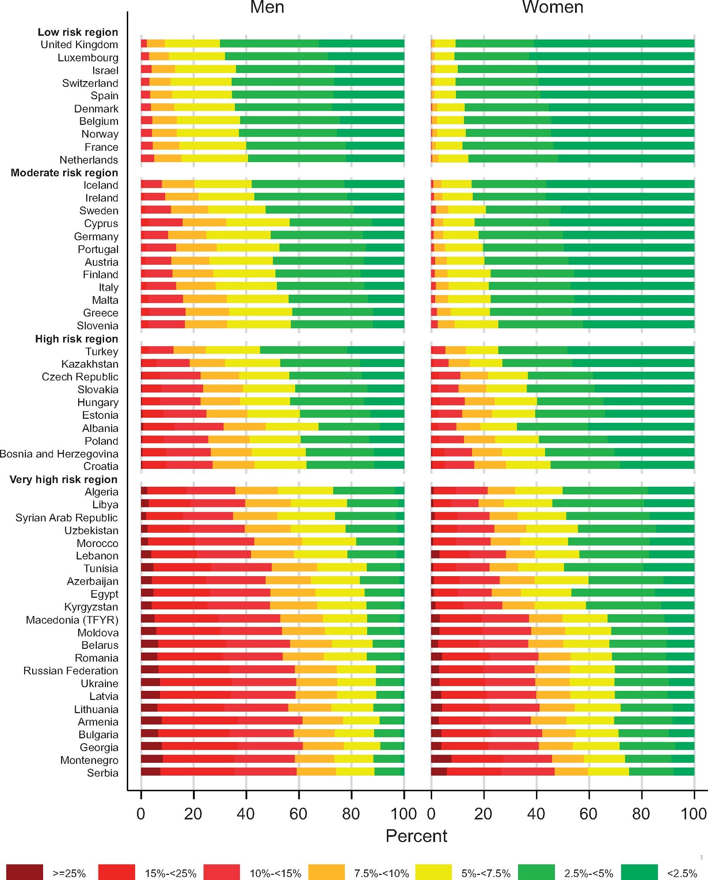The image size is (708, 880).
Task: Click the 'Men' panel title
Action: (x=267, y=7)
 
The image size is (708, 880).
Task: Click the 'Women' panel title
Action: (x=552, y=7)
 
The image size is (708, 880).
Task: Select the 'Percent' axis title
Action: (x=416, y=836)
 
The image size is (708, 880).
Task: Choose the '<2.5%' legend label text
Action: (x=682, y=873)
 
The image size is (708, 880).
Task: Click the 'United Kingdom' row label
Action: (x=79, y=45)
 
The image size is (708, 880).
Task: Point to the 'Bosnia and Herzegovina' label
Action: (x=59, y=454)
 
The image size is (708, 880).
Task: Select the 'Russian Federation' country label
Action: (x=70, y=671)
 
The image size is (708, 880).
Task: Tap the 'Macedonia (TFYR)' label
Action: (x=72, y=620)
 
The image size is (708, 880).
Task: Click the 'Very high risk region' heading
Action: (x=63, y=480)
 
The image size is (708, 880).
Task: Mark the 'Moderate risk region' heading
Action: (x=64, y=173)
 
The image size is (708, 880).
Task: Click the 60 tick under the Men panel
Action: (x=298, y=814)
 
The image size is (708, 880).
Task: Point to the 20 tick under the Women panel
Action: (x=483, y=814)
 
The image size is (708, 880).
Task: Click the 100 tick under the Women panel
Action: (x=693, y=814)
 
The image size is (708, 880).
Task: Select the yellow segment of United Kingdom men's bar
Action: (x=192, y=43)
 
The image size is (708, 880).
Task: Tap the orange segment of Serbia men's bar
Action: (x=316, y=772)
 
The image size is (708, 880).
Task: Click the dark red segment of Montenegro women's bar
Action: (x=441, y=759)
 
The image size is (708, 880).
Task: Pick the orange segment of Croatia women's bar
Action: (x=490, y=465)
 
